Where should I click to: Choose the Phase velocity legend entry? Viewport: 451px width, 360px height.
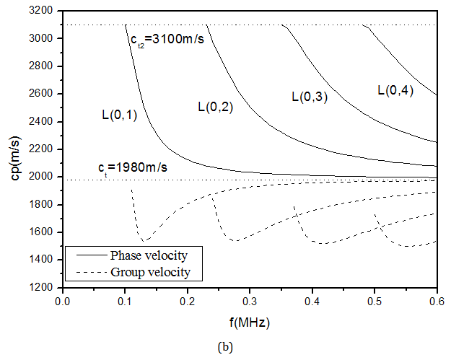[149, 255]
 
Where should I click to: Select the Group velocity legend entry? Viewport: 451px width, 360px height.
[150, 272]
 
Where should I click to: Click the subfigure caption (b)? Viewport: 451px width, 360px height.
[227, 346]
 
